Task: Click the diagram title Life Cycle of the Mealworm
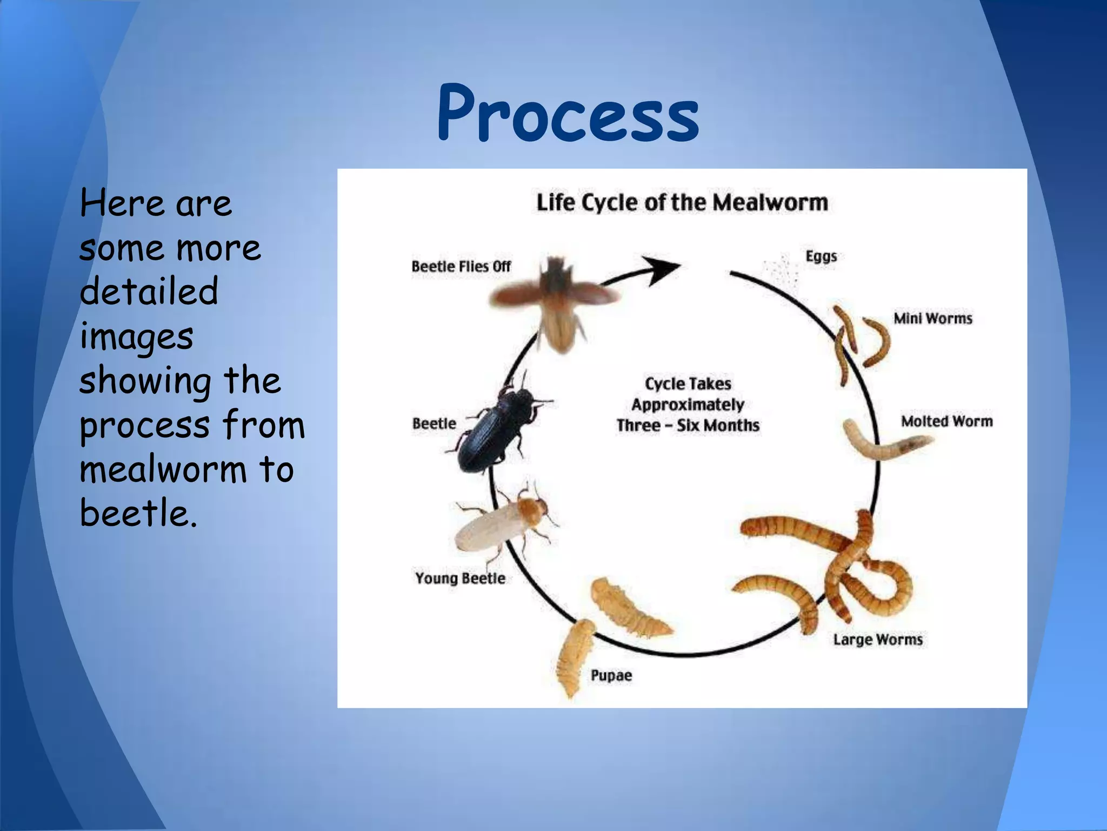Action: [x=682, y=202]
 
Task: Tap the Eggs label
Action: [x=821, y=256]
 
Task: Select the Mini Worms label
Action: [x=932, y=318]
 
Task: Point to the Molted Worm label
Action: [x=946, y=421]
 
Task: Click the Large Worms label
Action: [x=877, y=639]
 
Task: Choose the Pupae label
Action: [x=611, y=675]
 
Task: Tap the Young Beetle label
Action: [x=460, y=578]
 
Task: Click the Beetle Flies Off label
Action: [x=461, y=266]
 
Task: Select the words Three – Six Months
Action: [x=688, y=425]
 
